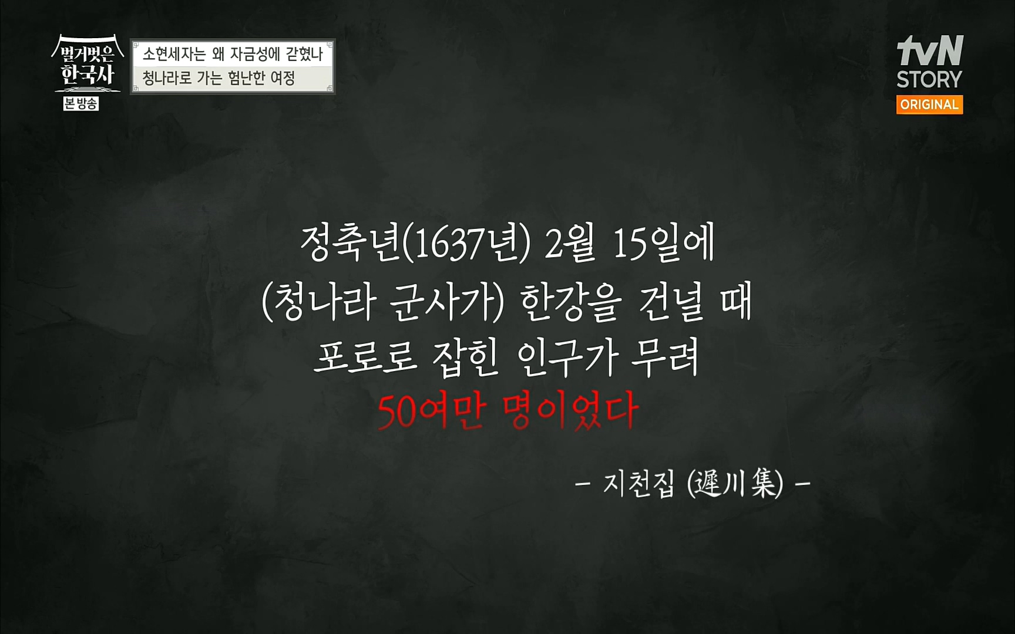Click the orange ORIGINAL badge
point(929,104)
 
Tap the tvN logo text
point(930,51)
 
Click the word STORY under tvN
point(929,79)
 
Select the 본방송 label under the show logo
point(81,104)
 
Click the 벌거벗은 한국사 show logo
point(88,65)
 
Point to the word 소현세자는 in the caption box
point(174,55)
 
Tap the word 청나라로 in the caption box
point(167,78)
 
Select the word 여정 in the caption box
point(283,78)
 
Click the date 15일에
point(664,244)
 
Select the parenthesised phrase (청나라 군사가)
point(383,303)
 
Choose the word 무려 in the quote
point(666,358)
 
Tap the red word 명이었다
point(571,412)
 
